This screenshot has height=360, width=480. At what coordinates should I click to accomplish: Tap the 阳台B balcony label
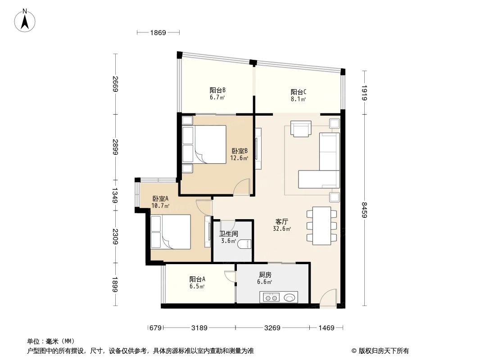pyautogui.click(x=217, y=93)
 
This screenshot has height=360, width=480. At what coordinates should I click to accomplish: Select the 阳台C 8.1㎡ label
pyautogui.click(x=298, y=95)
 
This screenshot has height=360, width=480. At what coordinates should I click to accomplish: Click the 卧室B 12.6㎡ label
pyautogui.click(x=240, y=154)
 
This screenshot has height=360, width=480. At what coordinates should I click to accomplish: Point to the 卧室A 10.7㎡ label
pyautogui.click(x=160, y=202)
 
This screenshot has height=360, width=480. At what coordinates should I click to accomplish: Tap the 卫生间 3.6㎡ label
pyautogui.click(x=228, y=237)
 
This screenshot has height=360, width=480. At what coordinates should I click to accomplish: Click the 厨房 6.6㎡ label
pyautogui.click(x=265, y=278)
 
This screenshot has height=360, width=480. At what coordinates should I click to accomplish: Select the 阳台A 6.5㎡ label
pyautogui.click(x=197, y=282)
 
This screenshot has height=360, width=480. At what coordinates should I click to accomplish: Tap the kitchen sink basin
pyautogui.click(x=289, y=297)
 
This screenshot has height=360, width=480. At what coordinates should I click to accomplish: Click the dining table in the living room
pyautogui.click(x=322, y=225)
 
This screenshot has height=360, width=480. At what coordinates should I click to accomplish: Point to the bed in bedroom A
pyautogui.click(x=170, y=231)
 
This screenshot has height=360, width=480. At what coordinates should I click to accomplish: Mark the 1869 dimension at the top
pyautogui.click(x=158, y=32)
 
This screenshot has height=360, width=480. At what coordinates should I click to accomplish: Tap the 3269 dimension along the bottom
pyautogui.click(x=272, y=328)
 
